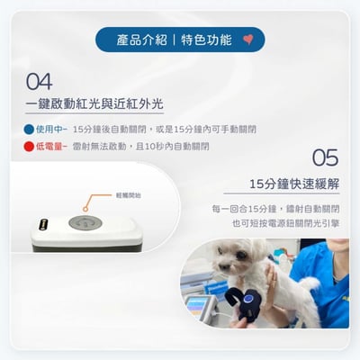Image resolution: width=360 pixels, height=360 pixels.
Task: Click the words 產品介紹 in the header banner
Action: tap(141, 40)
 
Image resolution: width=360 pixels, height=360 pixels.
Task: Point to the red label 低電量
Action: tap(50, 145)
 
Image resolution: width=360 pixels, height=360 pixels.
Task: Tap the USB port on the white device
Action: tap(40, 224)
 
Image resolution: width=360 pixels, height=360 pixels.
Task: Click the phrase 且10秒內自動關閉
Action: tap(171, 145)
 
